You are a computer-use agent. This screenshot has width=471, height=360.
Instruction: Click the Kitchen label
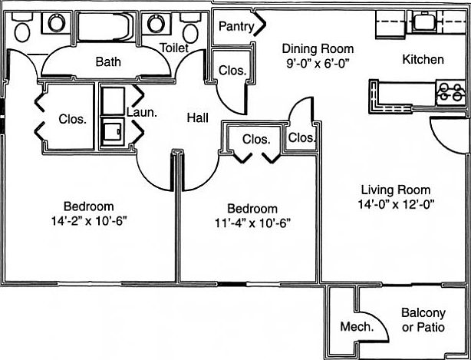[x=423, y=59]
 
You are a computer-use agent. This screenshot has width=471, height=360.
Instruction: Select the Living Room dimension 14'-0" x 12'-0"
[x=396, y=205]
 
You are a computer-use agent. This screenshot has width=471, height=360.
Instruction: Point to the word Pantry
[x=236, y=26]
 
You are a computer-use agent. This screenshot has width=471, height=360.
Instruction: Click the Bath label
[x=108, y=61]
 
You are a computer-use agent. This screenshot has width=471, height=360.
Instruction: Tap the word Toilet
[x=174, y=48]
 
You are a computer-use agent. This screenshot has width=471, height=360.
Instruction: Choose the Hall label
[x=199, y=117]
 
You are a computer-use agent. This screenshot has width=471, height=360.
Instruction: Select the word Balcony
[x=423, y=313]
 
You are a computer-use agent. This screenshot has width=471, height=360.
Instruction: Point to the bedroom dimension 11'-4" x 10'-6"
[x=252, y=223]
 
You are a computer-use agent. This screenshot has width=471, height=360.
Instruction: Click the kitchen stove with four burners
[x=450, y=93]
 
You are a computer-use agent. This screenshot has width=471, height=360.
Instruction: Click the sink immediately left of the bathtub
[x=55, y=24]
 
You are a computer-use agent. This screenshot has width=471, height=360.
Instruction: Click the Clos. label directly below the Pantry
[x=232, y=71]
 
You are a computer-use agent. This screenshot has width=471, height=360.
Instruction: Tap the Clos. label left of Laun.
[x=72, y=120]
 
